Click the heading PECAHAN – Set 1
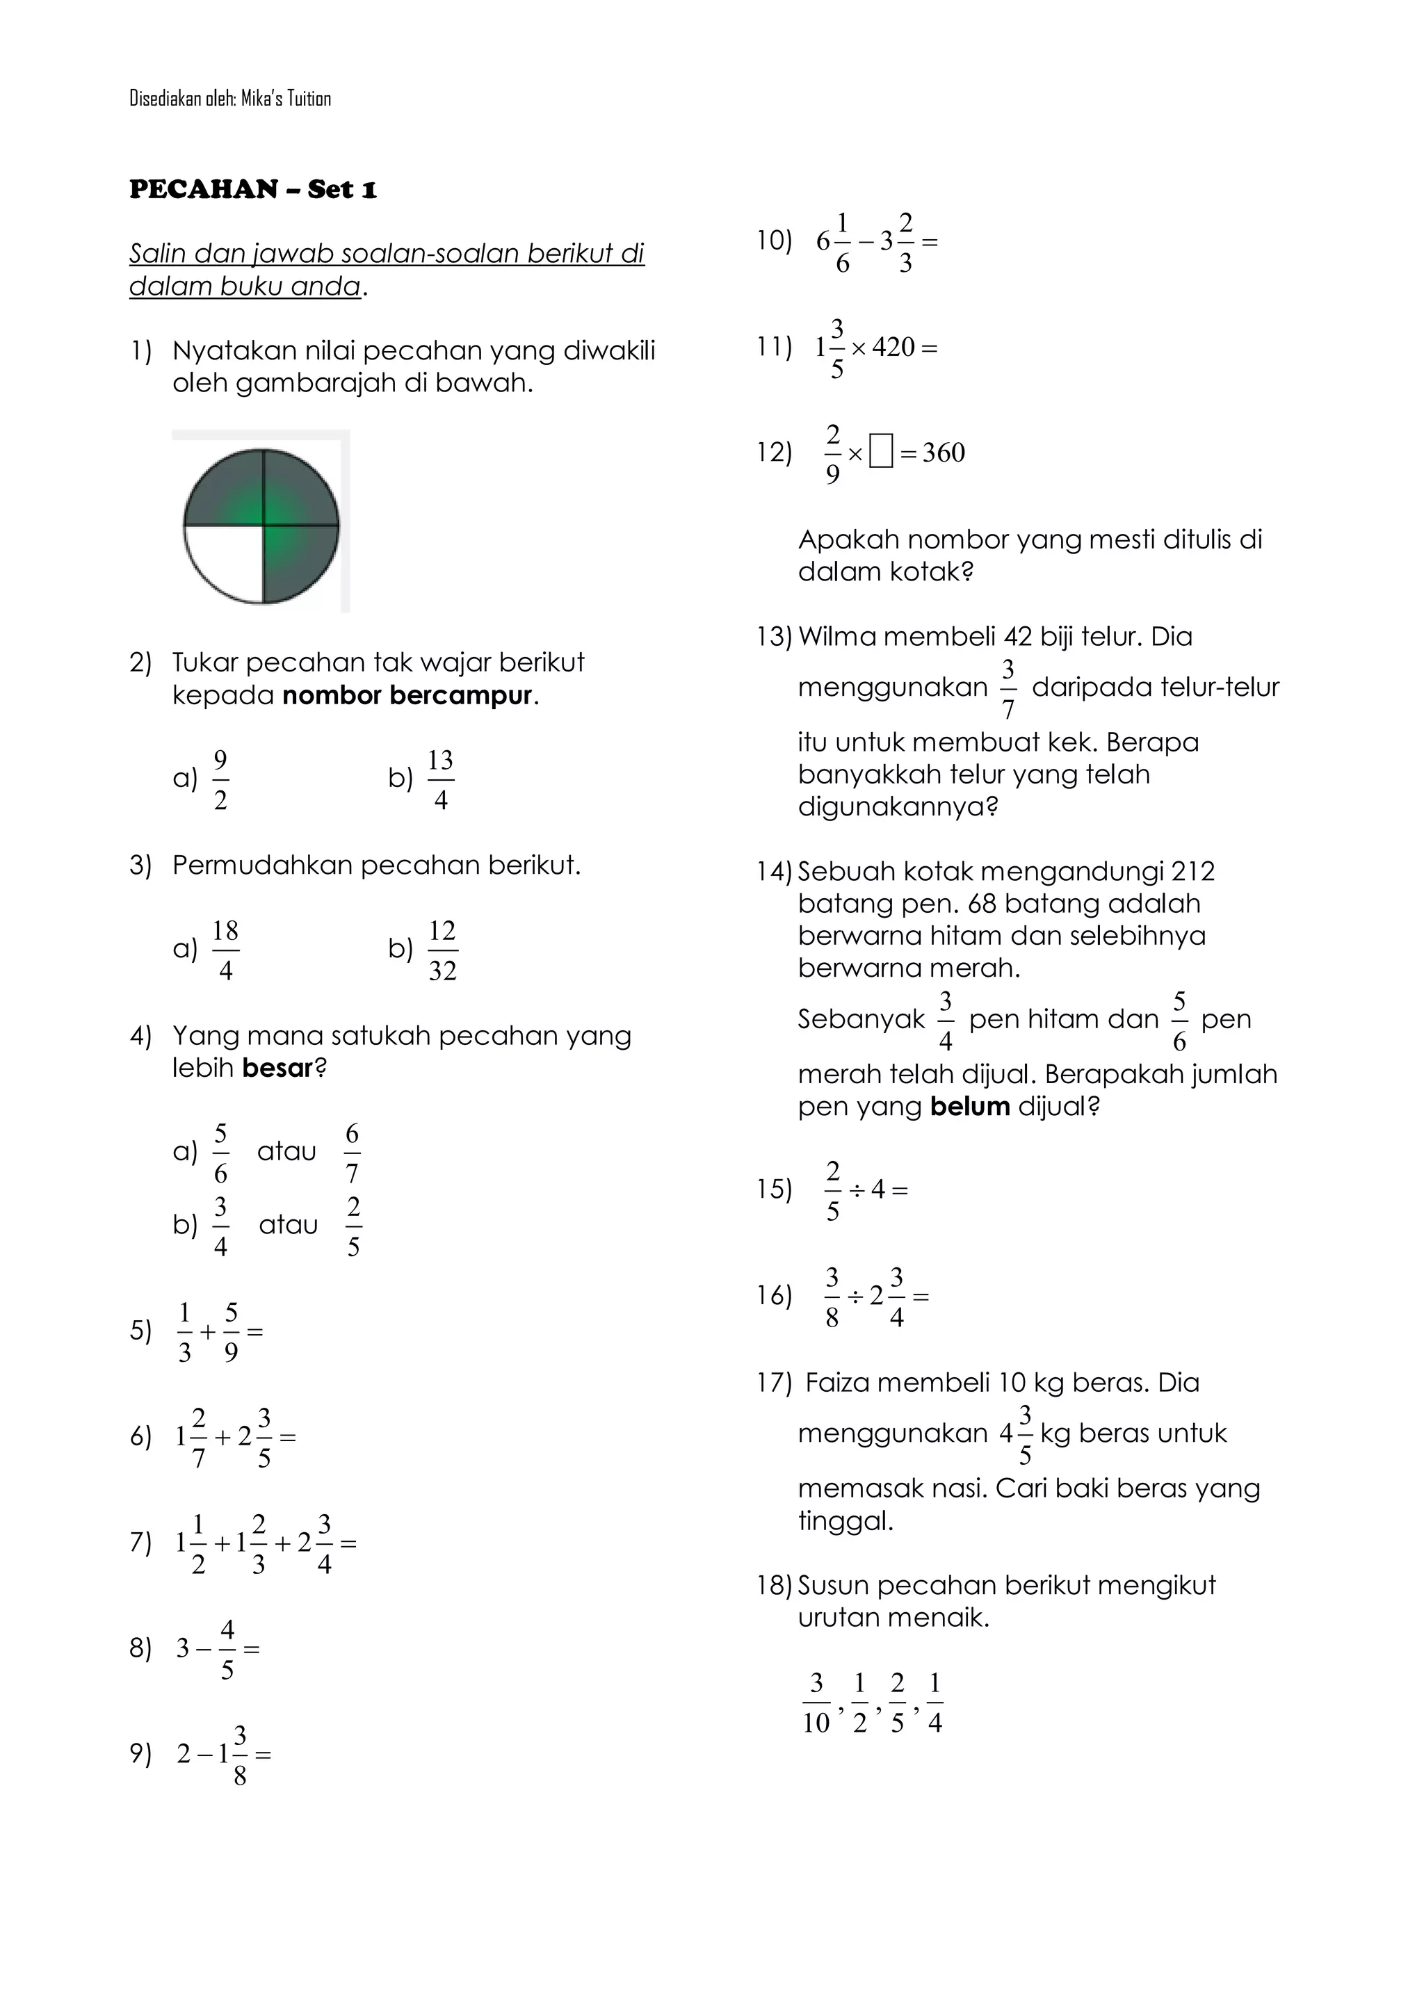(252, 190)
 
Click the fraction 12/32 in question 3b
(442, 950)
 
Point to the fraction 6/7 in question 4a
(352, 1153)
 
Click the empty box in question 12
(881, 453)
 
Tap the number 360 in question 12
(944, 453)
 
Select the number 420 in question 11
(893, 348)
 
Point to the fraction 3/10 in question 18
(816, 1703)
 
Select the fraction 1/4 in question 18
(934, 1703)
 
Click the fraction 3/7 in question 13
(1008, 688)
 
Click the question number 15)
(774, 1189)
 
